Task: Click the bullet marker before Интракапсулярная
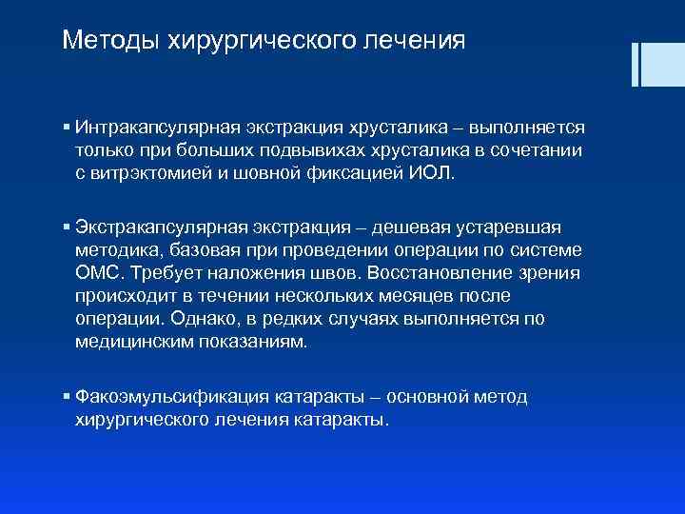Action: [65, 127]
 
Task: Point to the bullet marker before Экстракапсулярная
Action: [65, 227]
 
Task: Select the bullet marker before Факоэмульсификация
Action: [65, 396]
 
